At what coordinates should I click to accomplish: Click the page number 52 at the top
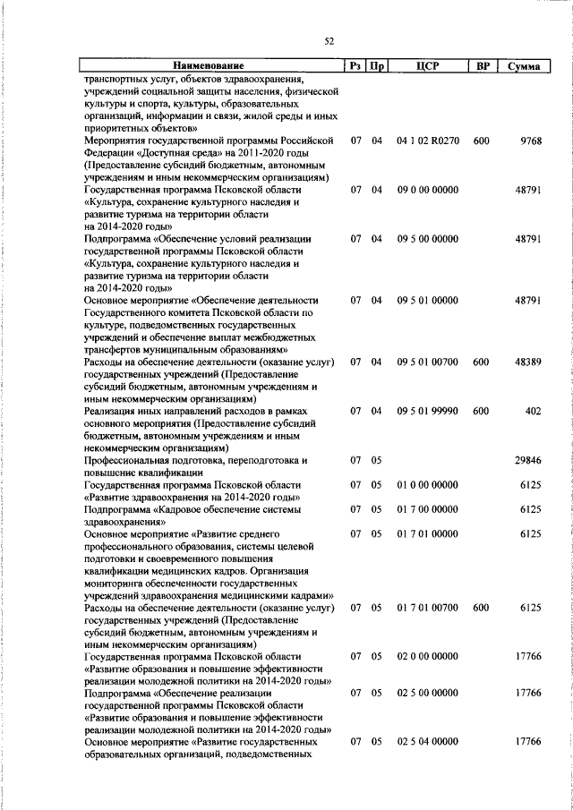coord(329,41)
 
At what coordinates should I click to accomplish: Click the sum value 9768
coord(531,141)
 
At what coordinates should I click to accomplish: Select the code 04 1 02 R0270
coord(427,141)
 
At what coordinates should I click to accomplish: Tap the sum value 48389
coord(528,362)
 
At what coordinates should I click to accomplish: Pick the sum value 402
coord(534,411)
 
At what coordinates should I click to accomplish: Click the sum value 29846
coord(528,460)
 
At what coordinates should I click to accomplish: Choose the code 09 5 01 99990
coord(427,411)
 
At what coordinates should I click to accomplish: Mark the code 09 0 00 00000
coord(427,190)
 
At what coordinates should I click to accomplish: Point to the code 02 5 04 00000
coord(427,742)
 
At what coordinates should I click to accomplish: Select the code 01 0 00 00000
coord(427,484)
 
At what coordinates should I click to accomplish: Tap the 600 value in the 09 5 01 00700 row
coord(482,362)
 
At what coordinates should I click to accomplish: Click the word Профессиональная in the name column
coord(127,460)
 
